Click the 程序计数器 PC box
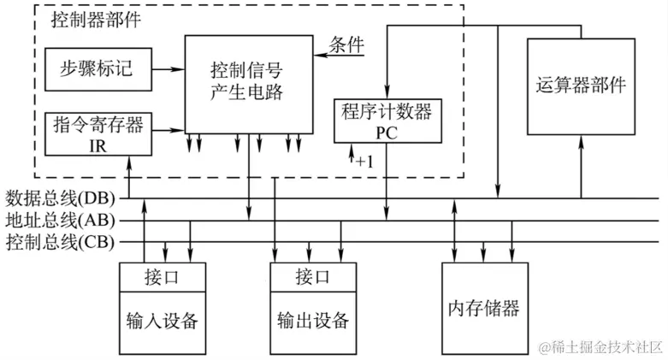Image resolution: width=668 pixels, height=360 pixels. point(387,121)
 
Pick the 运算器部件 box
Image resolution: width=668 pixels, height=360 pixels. point(580,86)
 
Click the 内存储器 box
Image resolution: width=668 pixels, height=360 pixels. point(483,307)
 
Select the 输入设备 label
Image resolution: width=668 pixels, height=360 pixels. point(162,322)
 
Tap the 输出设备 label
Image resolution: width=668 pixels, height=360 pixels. point(313,322)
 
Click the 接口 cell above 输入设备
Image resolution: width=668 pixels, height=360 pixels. point(162,276)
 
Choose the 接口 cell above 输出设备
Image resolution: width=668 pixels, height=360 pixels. point(313,276)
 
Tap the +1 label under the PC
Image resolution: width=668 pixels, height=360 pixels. point(365,160)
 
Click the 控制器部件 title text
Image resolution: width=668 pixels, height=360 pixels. point(96,21)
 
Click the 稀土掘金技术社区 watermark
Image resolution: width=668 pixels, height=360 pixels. point(599,346)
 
